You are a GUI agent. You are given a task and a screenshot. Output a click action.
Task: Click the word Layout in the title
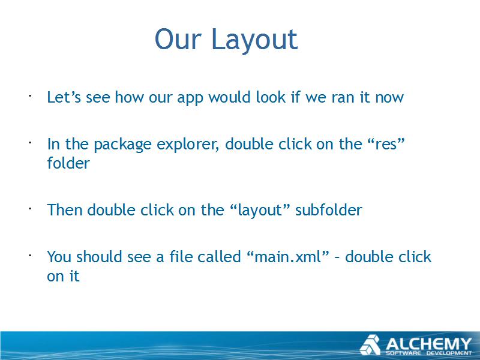254,40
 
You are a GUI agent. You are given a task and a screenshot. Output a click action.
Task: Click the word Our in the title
178,39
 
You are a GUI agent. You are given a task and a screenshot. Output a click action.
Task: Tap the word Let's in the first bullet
64,97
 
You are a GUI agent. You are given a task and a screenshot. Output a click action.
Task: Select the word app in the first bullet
190,98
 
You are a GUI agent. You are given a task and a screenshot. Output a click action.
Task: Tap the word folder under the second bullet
68,163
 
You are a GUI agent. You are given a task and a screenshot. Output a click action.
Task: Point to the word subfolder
328,210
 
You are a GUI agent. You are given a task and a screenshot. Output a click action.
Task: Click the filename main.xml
287,257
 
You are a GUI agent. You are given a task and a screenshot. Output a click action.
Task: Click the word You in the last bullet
59,257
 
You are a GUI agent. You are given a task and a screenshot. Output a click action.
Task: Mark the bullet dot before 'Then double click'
30,209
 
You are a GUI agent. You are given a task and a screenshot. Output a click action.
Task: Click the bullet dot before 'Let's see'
30,96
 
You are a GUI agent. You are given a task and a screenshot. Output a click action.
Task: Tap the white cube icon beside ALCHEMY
370,345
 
